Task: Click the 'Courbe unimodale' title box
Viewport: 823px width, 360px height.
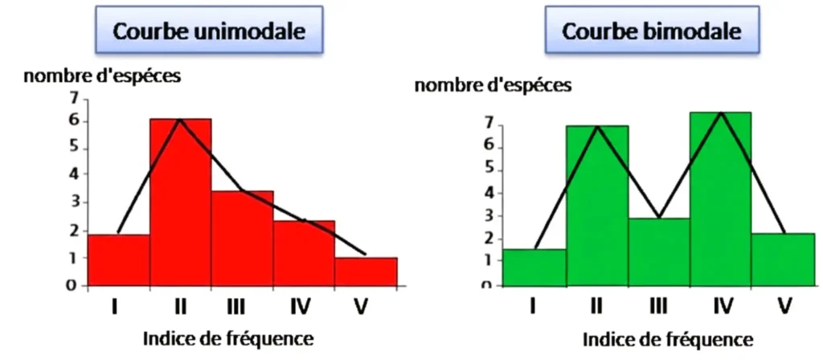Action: click(210, 33)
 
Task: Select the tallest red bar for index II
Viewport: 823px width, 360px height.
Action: click(181, 202)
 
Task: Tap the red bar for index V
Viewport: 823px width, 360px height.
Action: click(366, 271)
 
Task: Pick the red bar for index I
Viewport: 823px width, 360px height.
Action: click(119, 260)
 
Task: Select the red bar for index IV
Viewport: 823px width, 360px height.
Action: click(304, 252)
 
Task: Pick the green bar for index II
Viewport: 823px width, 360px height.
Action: click(597, 205)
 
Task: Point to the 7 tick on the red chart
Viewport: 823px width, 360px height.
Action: click(74, 99)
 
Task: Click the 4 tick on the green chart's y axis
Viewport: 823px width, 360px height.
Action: click(488, 193)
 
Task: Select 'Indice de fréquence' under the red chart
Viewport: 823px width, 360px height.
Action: click(227, 338)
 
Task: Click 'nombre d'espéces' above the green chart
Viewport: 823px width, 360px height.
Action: click(493, 85)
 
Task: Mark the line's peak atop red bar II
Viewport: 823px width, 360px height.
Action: click(179, 119)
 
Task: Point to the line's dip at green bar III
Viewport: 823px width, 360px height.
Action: click(659, 218)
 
